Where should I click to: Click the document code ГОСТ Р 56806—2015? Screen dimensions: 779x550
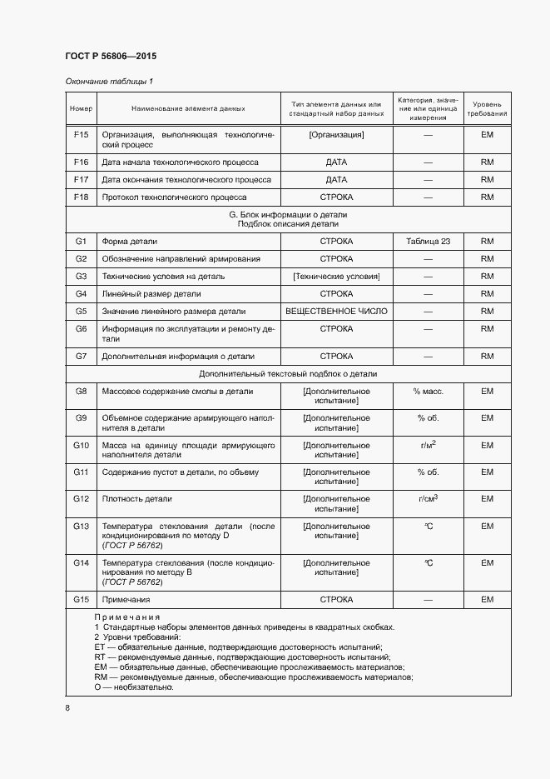111,56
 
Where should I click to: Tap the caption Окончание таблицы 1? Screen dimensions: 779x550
109,82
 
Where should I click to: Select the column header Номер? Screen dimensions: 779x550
81,108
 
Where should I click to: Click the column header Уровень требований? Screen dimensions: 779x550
487,108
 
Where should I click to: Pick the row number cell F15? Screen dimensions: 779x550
81,134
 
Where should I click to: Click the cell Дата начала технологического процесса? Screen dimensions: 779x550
179,162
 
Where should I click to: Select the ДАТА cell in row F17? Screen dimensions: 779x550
336,179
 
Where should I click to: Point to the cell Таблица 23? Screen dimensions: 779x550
428,241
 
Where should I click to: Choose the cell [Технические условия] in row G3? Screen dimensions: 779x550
336,276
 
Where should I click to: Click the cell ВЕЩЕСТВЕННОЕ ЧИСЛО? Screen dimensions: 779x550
336,311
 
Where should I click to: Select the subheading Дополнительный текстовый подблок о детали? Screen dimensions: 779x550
288,374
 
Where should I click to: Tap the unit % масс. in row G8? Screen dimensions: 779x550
428,391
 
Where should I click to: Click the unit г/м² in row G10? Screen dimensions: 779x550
428,445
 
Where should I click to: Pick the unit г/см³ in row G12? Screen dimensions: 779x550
428,498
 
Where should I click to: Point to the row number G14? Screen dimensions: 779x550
81,563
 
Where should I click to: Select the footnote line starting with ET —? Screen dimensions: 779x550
238,647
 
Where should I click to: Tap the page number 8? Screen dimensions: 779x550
67,707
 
